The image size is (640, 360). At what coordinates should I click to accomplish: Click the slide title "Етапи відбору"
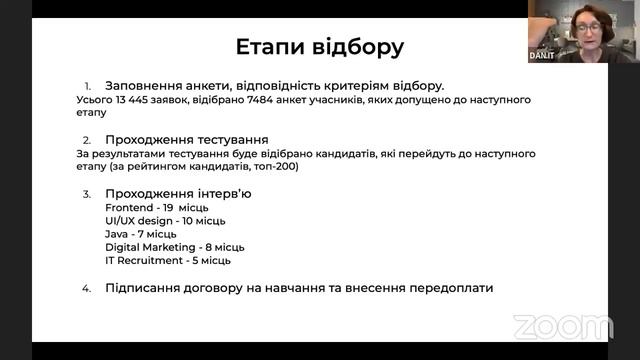[x=320, y=47]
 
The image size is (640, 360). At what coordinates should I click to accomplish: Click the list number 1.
[x=87, y=86]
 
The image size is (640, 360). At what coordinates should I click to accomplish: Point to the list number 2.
[x=87, y=139]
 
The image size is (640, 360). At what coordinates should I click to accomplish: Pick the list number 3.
[x=87, y=193]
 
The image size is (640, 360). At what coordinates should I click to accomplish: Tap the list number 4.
[x=87, y=288]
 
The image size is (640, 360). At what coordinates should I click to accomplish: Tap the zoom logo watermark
[x=562, y=327]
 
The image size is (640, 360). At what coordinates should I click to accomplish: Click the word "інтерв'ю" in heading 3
[x=223, y=193]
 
